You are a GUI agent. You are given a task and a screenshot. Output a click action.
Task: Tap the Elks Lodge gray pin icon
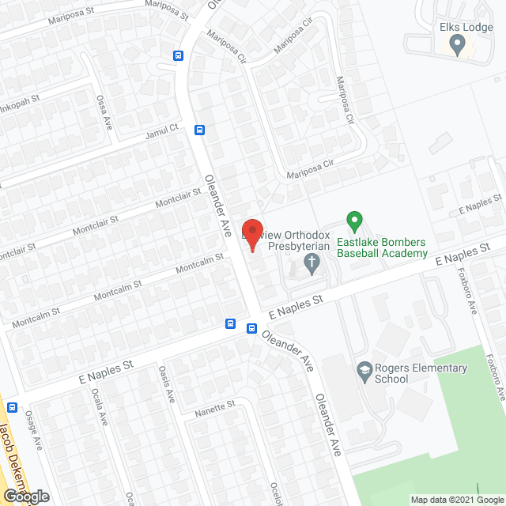[x=456, y=45]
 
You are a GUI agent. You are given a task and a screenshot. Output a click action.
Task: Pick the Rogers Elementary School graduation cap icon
[x=364, y=369]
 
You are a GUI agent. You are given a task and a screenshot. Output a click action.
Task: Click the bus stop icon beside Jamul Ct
[x=200, y=130]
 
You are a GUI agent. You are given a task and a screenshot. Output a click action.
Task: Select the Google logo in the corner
[x=25, y=497]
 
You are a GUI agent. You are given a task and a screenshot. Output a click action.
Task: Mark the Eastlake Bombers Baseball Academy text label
[x=382, y=247]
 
